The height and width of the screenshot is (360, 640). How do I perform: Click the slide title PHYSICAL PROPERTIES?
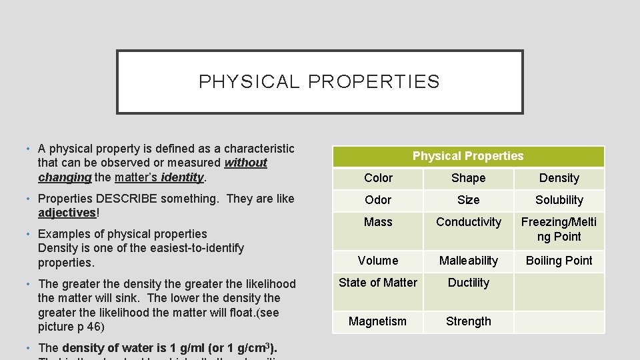click(319, 82)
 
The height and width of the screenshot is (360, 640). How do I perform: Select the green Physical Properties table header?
click(468, 156)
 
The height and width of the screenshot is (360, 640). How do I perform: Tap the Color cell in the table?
click(378, 178)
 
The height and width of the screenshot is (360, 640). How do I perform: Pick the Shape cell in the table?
click(469, 178)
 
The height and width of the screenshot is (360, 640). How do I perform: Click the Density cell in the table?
click(559, 178)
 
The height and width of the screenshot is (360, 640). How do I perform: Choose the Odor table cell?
click(378, 200)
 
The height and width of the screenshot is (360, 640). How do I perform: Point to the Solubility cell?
click(559, 200)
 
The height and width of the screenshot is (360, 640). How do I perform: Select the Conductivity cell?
click(469, 222)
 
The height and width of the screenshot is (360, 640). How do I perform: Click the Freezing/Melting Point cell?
click(559, 229)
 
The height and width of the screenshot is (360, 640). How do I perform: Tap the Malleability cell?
click(469, 261)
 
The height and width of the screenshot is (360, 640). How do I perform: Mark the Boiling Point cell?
click(559, 261)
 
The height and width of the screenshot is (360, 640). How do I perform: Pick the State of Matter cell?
click(378, 283)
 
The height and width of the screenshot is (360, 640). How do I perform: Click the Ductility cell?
click(469, 283)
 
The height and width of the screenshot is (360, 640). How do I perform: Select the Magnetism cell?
click(378, 321)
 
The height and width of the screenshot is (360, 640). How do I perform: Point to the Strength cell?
click(469, 321)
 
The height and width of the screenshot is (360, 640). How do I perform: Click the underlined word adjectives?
click(67, 213)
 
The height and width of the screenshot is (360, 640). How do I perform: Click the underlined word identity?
click(182, 177)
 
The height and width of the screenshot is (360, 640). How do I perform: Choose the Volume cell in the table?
click(378, 261)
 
